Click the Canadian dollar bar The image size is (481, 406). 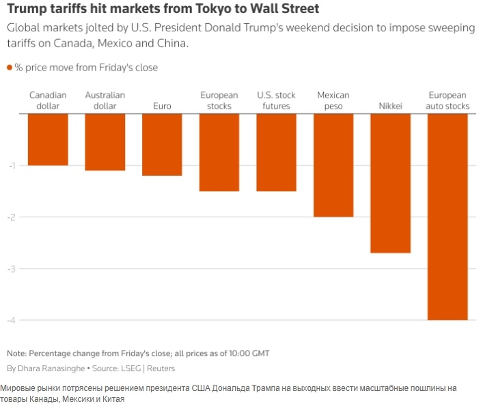(48, 139)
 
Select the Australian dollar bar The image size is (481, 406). (105, 141)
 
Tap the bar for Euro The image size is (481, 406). (162, 144)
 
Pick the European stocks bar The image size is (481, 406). (219, 152)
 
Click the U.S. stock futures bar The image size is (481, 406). (276, 152)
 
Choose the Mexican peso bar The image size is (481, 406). (333, 165)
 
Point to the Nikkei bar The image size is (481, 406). (390, 183)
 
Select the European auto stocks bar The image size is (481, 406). (448, 217)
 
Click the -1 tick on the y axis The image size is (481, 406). (12, 165)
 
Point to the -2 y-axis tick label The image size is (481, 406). (12, 217)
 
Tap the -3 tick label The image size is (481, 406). (12, 269)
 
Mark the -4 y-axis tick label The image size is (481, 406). (12, 321)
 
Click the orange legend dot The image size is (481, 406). (10, 68)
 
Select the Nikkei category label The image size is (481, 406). (390, 107)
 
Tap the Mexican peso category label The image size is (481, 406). (333, 100)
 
